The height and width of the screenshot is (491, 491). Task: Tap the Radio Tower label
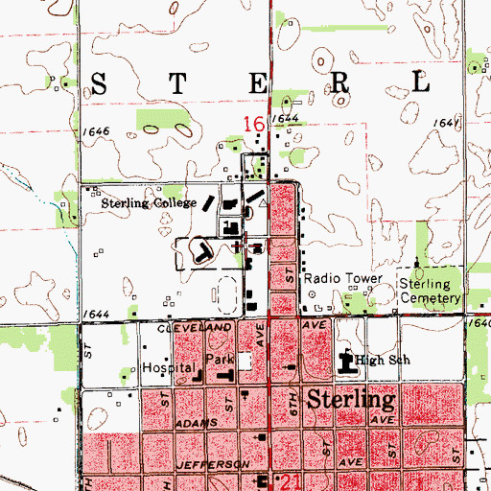[343, 279]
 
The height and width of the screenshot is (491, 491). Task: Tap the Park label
[221, 362]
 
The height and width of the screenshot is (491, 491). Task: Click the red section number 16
[254, 124]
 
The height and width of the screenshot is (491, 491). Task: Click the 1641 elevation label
[443, 124]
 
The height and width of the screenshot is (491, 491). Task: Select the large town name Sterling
[352, 399]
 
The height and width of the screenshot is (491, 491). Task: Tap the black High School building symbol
[347, 363]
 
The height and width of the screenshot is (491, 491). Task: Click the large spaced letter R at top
[341, 82]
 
